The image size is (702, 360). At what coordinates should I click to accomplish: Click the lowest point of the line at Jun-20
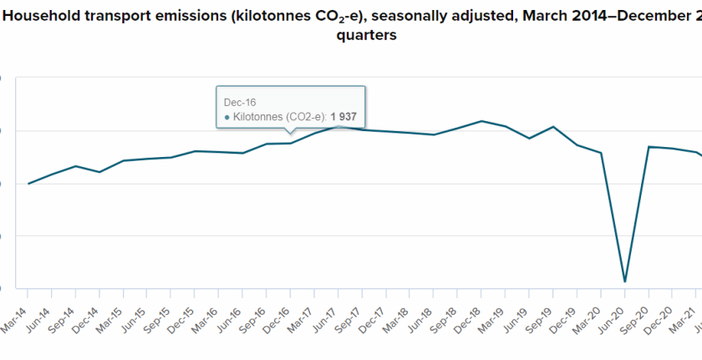coord(625,281)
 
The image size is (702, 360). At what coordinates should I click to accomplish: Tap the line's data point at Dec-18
coord(481,121)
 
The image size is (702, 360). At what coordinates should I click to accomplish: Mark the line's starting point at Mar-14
coord(28,184)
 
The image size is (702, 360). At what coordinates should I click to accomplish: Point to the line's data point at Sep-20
coord(649,147)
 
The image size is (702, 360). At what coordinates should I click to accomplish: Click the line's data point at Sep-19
coord(553,127)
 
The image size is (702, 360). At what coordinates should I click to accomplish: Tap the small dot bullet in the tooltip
coord(226,118)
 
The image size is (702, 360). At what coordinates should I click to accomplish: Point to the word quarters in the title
coord(366,37)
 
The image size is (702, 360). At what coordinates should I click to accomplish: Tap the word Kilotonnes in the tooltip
coord(258,117)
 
